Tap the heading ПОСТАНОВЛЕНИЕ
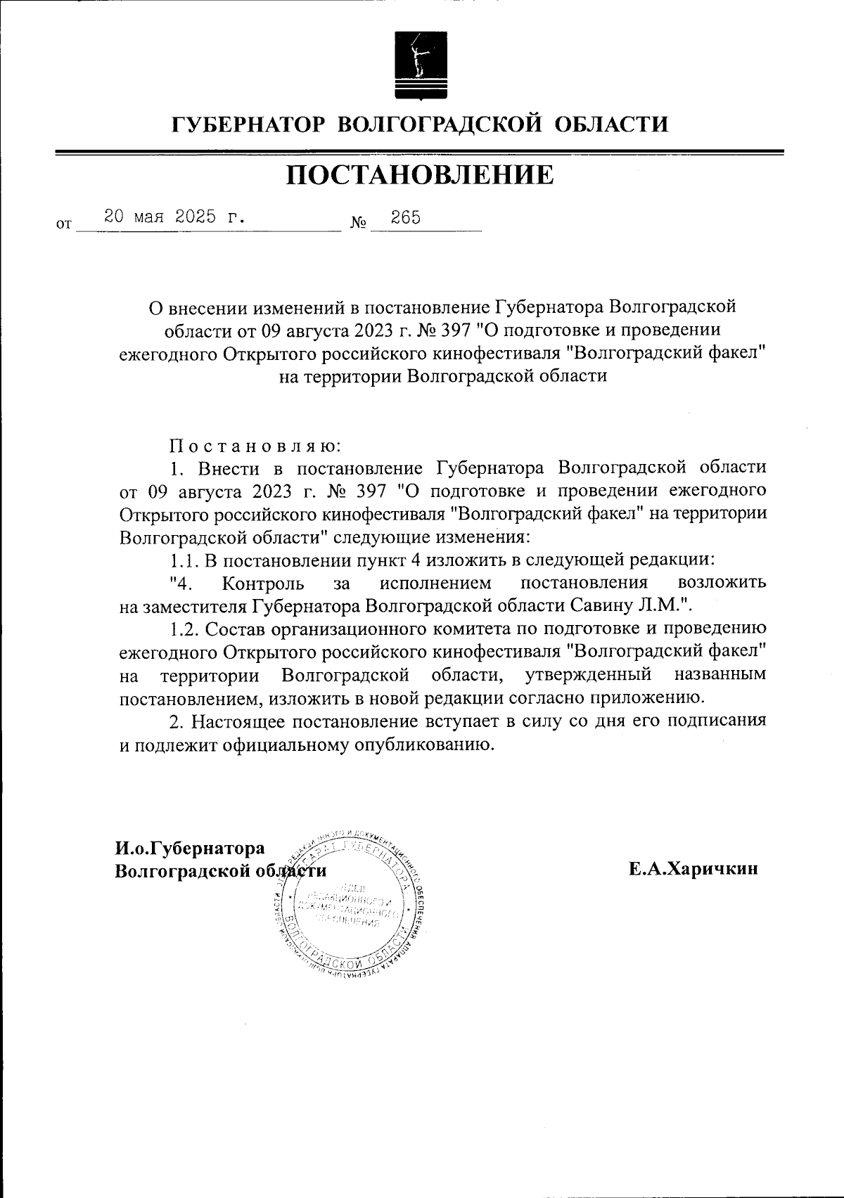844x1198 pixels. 420,175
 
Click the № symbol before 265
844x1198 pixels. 359,224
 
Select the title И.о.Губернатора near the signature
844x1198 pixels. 190,849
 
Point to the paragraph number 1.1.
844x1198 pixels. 184,561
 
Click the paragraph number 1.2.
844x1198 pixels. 185,629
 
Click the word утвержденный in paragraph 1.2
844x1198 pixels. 588,675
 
